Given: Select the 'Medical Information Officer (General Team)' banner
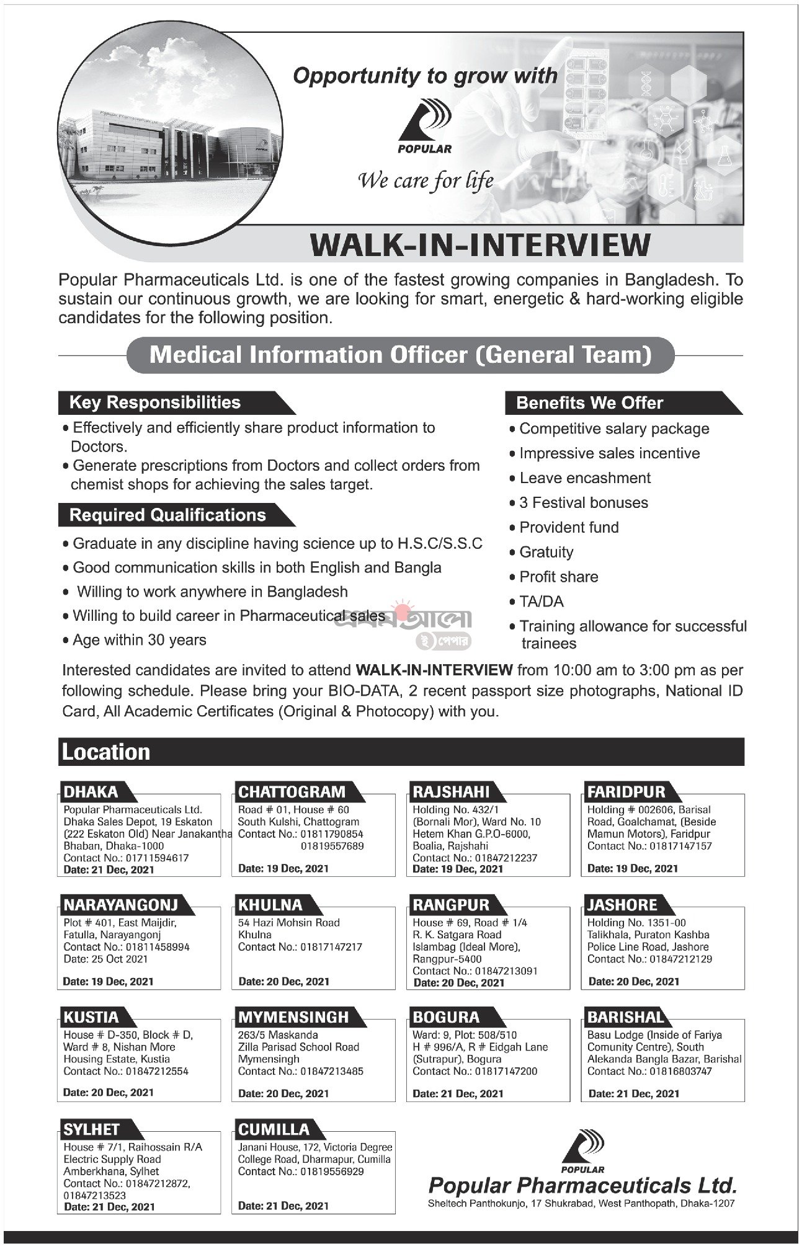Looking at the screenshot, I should point(400,355).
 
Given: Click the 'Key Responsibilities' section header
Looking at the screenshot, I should point(155,402).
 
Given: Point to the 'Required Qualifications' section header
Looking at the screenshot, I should point(167,515).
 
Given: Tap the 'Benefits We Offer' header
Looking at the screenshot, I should point(589,403).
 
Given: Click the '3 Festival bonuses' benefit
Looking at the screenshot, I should point(583,503).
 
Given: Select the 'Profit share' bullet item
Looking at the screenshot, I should point(558,577).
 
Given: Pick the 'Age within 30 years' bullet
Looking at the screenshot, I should point(139,640).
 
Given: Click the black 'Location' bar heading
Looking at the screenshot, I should point(105,752).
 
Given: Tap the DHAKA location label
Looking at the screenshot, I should point(91,792).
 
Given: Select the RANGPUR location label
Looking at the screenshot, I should point(451,905).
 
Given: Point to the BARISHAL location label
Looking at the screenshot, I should point(626,1017).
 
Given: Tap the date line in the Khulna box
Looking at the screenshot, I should point(283,982).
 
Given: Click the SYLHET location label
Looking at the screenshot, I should point(91,1129).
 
